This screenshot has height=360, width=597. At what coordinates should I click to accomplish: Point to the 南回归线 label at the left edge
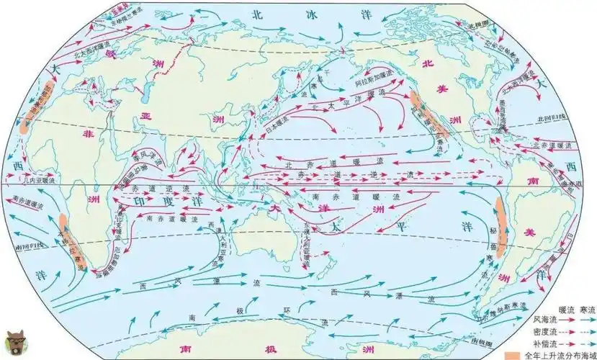click(x=20, y=245)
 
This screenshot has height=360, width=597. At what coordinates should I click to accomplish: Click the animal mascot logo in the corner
click(x=13, y=342)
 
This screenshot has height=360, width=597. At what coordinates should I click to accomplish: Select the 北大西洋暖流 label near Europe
click(x=81, y=49)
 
